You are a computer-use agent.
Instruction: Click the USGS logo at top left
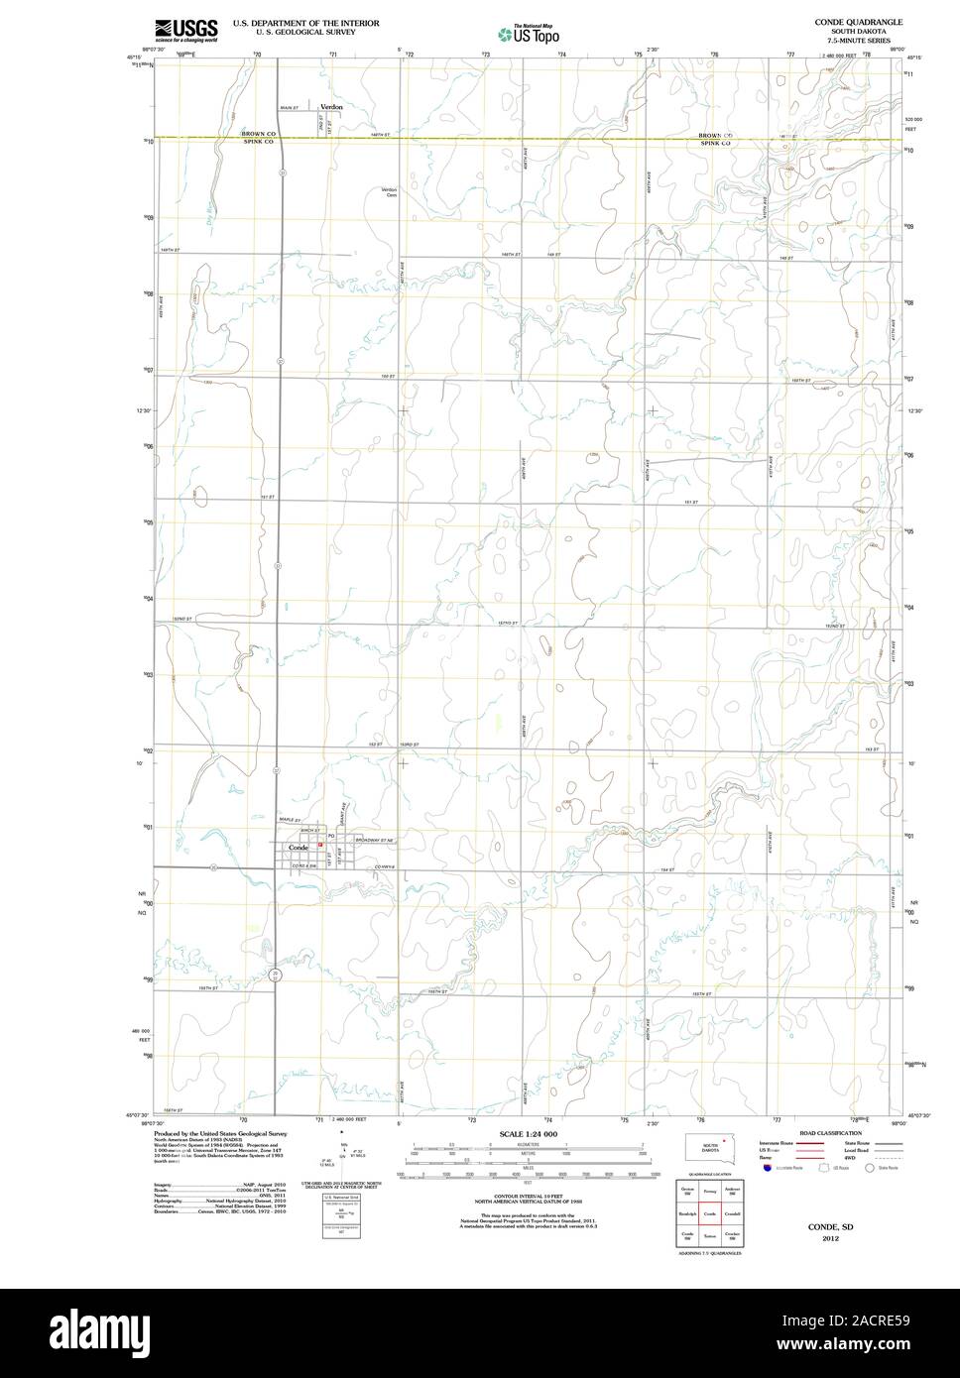point(185,30)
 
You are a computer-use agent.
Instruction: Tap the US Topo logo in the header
point(527,34)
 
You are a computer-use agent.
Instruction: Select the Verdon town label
point(330,106)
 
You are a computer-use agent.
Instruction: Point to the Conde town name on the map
point(299,849)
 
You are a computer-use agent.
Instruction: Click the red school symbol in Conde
point(319,847)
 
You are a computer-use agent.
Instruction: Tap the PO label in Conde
point(331,837)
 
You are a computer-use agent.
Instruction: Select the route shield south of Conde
point(276,976)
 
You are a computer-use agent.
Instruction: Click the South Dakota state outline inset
point(705,1148)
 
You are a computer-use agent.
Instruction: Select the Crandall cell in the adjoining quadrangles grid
point(733,1213)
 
